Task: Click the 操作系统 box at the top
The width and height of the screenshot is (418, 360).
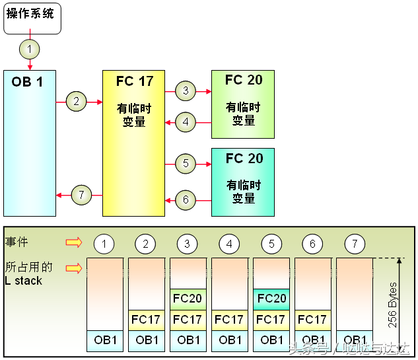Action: [x=32, y=18]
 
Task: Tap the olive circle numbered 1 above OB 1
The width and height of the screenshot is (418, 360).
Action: [x=30, y=50]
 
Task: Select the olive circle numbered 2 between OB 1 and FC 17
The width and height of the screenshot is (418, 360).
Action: [x=76, y=101]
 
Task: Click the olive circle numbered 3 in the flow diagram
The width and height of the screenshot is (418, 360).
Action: [x=186, y=91]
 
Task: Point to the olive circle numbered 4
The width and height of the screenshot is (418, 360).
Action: [x=186, y=122]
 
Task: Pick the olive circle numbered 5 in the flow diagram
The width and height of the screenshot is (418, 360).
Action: [x=186, y=163]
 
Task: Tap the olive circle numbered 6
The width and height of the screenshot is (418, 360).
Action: [x=186, y=199]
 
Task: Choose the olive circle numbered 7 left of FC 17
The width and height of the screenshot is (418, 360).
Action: [x=82, y=195]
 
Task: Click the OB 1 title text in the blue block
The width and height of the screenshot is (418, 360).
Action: [x=27, y=82]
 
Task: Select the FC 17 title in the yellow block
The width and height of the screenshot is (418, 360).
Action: [x=135, y=81]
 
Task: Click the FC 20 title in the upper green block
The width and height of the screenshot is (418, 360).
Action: [x=244, y=80]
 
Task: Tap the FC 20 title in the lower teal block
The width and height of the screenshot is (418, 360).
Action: [x=244, y=159]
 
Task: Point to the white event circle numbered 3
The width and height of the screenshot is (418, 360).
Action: [x=187, y=244]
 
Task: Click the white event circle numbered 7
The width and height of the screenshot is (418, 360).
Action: [x=355, y=244]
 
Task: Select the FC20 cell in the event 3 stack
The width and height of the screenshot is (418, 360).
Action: [x=188, y=299]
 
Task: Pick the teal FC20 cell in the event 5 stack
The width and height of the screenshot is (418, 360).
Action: [x=271, y=299]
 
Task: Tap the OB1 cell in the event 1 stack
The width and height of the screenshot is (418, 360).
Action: [x=105, y=341]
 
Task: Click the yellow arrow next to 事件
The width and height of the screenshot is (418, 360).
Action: [x=74, y=242]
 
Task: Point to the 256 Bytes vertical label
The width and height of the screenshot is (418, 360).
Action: [x=392, y=305]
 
